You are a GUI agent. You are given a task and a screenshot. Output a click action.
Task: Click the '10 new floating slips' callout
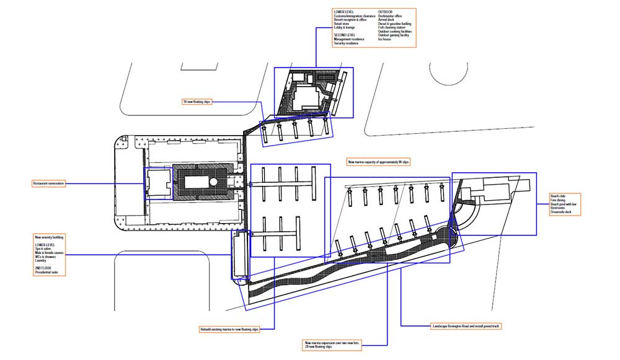click(x=197, y=102)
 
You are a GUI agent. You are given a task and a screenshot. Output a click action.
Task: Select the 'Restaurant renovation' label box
click(x=48, y=183)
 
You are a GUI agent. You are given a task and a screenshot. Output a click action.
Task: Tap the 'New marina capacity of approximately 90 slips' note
click(x=378, y=162)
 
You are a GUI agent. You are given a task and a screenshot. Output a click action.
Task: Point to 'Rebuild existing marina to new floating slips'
click(x=229, y=330)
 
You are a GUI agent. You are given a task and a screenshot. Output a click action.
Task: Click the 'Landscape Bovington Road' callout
click(x=464, y=325)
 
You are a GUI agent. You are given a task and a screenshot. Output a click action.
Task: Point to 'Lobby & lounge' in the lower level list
click(x=345, y=27)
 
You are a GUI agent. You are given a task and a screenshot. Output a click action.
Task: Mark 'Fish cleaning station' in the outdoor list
click(x=392, y=27)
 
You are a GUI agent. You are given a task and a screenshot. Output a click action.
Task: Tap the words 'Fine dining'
click(x=557, y=200)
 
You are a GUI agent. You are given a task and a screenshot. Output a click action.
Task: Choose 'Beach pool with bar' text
click(x=563, y=204)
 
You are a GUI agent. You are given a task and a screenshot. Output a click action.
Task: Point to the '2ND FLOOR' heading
click(x=42, y=268)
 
